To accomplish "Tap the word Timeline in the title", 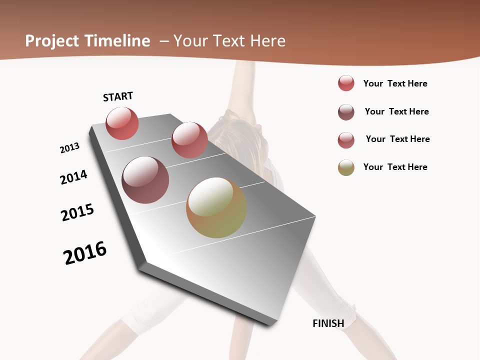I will tap(118, 41).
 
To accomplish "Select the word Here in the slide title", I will tap(268, 41).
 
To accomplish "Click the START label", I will tap(118, 96).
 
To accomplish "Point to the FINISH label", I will tap(328, 323).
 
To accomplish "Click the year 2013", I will tap(69, 148).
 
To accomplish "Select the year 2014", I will tap(73, 177).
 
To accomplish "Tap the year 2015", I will tap(77, 212).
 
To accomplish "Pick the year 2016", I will tap(85, 253).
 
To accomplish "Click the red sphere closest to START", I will tap(122, 123).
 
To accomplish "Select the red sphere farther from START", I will tap(189, 140).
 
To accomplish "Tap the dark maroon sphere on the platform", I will tap(145, 180).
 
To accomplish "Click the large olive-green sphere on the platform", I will tap(216, 207).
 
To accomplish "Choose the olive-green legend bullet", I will tap(346, 167).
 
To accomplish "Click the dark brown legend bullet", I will tap(346, 112).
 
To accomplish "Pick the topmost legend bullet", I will tap(346, 83).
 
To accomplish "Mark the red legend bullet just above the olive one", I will tap(346, 140).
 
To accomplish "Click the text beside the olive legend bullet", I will tap(395, 167).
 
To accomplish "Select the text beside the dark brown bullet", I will tap(397, 111).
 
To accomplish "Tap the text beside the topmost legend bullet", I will tap(395, 83).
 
